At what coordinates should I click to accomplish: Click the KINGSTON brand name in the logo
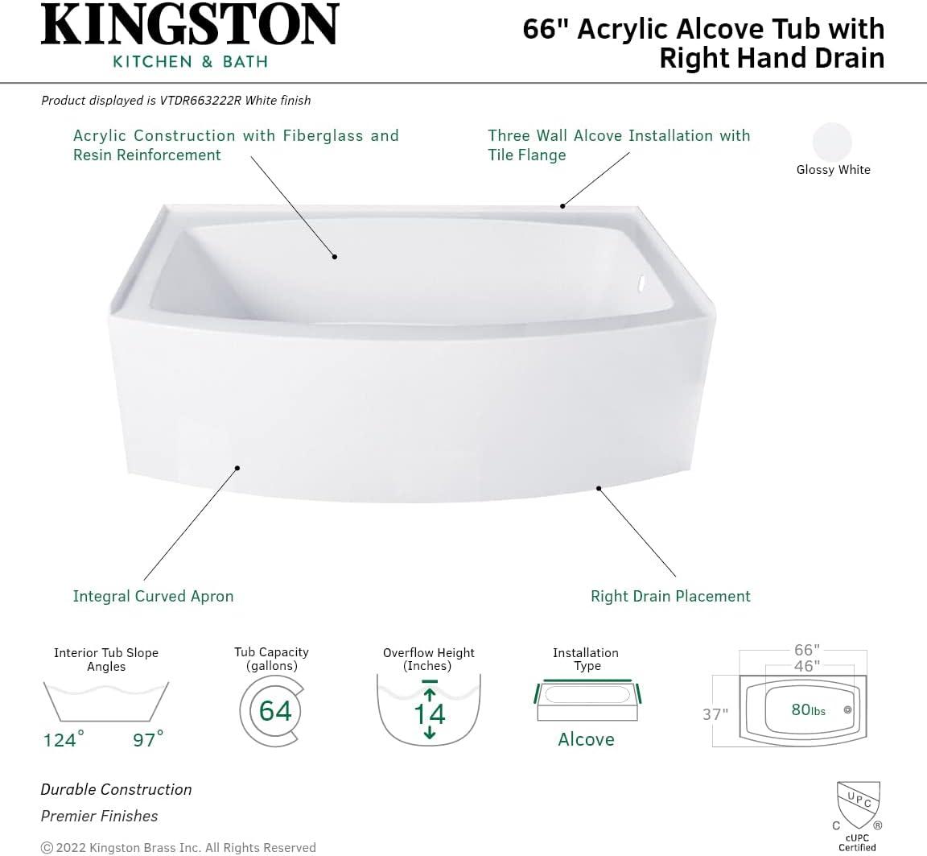[190, 26]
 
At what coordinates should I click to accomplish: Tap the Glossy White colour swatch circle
[832, 142]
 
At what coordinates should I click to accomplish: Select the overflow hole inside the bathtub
[641, 283]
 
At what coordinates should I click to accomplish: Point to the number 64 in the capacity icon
[275, 710]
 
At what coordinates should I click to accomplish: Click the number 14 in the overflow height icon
[429, 713]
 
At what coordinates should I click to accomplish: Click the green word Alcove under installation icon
[586, 739]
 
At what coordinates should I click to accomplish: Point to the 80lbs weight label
[808, 710]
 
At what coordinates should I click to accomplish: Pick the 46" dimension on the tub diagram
[805, 666]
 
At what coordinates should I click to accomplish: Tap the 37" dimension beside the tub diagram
[715, 714]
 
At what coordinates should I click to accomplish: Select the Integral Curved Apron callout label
[153, 596]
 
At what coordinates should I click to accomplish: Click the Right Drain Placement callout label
[670, 596]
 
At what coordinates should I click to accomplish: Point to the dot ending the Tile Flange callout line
[562, 206]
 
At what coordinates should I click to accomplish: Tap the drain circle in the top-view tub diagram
[847, 710]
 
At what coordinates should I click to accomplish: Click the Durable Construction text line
[116, 789]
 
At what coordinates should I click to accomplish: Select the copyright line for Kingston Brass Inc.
[178, 847]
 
